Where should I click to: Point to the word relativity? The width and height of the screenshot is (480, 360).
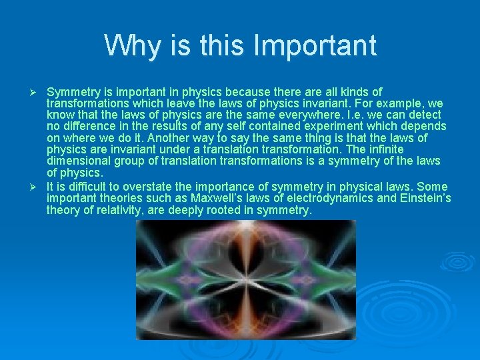[x=114, y=211]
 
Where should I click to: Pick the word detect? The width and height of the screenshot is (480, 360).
[x=426, y=115]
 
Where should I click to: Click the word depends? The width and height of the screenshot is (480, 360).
[x=425, y=127]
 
